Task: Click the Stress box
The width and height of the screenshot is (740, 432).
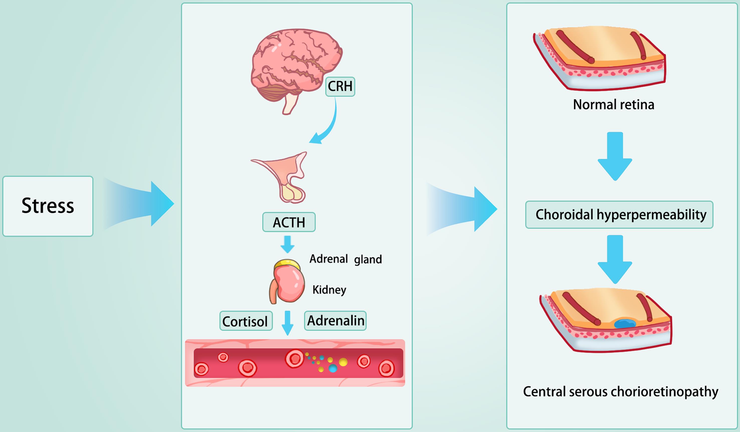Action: (x=48, y=206)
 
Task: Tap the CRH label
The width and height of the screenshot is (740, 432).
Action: (x=340, y=87)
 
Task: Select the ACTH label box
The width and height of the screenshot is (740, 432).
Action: (x=289, y=222)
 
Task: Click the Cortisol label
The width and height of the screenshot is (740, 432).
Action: (x=246, y=321)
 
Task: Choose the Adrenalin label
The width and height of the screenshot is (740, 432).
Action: (x=335, y=321)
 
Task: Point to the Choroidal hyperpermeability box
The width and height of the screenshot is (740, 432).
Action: (x=619, y=215)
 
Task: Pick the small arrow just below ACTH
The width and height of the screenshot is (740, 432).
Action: (x=287, y=244)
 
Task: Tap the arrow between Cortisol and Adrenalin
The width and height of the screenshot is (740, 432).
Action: (x=287, y=323)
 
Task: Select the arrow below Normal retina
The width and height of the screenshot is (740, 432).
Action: (x=615, y=156)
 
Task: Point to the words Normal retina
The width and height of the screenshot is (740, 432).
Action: (x=614, y=105)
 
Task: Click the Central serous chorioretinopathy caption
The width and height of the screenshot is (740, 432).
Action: (x=620, y=392)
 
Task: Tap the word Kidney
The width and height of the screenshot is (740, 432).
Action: (x=329, y=290)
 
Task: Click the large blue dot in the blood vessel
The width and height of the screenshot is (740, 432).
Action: (x=333, y=368)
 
